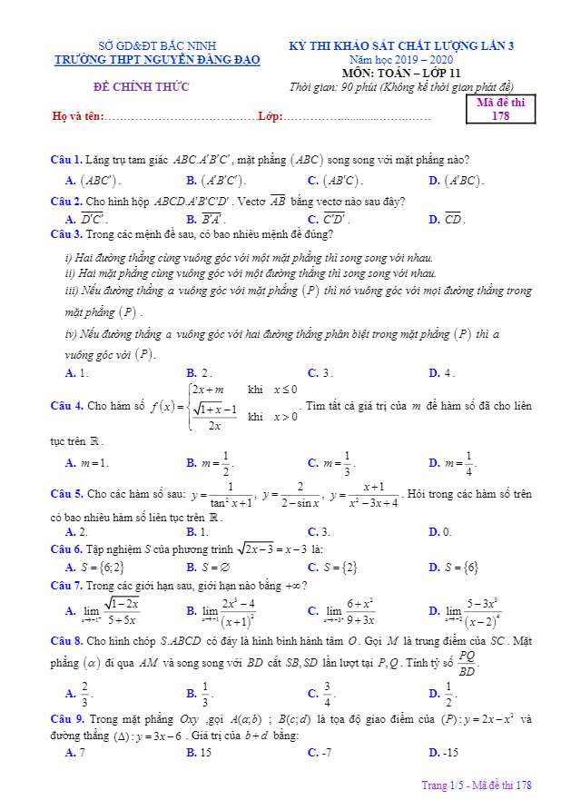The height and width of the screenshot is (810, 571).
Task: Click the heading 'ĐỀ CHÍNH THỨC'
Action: [142, 87]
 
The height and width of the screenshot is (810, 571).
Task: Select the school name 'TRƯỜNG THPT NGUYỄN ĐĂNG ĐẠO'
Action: [157, 60]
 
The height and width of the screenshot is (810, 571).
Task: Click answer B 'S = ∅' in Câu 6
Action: [213, 568]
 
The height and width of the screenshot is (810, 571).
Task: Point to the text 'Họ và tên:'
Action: [78, 116]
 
